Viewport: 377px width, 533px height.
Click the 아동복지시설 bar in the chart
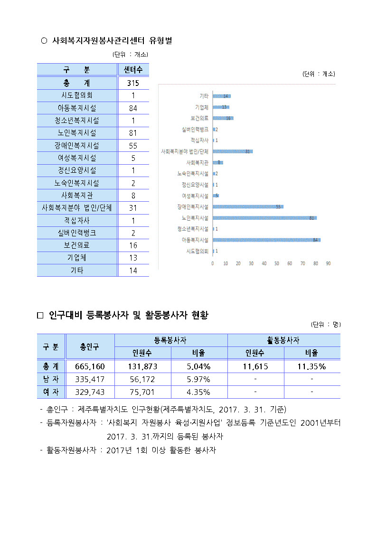pyautogui.click(x=266, y=240)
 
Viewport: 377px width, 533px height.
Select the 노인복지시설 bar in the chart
pyautogui.click(x=264, y=218)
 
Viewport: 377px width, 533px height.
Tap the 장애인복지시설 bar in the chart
pyautogui.click(x=247, y=207)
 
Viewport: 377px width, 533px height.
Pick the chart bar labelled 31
pyautogui.click(x=232, y=151)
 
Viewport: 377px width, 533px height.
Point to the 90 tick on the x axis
pyautogui.click(x=328, y=263)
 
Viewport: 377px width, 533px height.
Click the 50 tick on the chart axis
pyautogui.click(x=277, y=263)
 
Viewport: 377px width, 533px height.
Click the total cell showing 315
pyautogui.click(x=133, y=83)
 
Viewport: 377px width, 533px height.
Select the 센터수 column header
pyautogui.click(x=133, y=70)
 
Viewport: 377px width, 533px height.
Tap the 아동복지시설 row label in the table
pyautogui.click(x=77, y=108)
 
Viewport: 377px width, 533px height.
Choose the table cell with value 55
pyautogui.click(x=133, y=146)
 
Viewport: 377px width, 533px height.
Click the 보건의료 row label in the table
pyautogui.click(x=77, y=245)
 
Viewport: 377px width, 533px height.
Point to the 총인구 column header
pyautogui.click(x=90, y=347)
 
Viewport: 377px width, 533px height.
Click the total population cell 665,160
pyautogui.click(x=90, y=366)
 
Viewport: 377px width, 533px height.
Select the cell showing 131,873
pyautogui.click(x=142, y=366)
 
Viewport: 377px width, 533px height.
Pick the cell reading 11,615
pyautogui.click(x=255, y=366)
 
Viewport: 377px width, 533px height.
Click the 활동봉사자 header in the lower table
pyautogui.click(x=283, y=340)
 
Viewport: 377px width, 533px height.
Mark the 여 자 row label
pyautogui.click(x=51, y=392)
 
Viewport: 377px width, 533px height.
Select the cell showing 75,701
pyautogui.click(x=142, y=392)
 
